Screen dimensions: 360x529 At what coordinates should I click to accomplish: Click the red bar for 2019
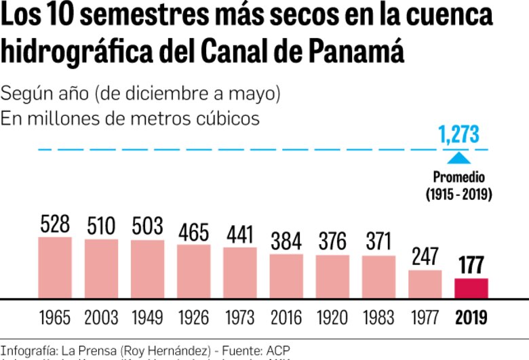coord(471,288)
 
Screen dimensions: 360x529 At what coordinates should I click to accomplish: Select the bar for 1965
coord(55,268)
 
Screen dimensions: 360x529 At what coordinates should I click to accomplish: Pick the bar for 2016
coord(286,276)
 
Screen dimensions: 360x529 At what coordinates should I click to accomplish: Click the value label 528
coord(55,224)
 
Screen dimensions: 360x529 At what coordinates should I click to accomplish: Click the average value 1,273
coord(458,135)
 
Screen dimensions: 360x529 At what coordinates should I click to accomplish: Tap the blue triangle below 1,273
coord(459,159)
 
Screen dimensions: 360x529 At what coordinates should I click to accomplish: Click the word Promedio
coord(459,178)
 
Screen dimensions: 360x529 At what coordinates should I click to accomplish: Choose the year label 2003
coord(101,317)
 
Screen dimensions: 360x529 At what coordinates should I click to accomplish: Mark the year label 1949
coord(147,317)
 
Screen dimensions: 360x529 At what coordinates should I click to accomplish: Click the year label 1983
coord(378,317)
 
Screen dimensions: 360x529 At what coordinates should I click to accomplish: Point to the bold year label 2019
coord(471,317)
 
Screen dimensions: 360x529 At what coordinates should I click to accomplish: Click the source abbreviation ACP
coord(278,351)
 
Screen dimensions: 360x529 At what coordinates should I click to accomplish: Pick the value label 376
coord(332,241)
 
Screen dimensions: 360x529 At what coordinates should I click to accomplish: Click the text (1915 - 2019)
coord(459,195)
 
